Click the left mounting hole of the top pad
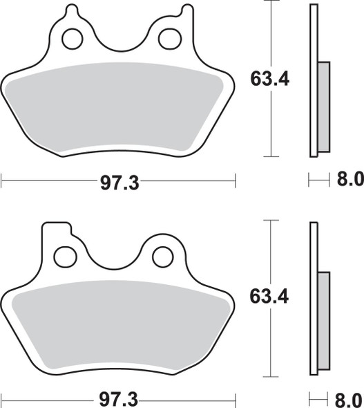pyautogui.click(x=72, y=39)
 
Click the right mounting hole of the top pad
pyautogui.click(x=169, y=39)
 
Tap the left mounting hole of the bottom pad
pyautogui.click(x=65, y=257)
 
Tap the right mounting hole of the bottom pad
pyautogui.click(x=163, y=257)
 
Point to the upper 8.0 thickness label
pyautogui.click(x=349, y=181)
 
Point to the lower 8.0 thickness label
pyautogui.click(x=349, y=400)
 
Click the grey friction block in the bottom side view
pyautogui.click(x=323, y=322)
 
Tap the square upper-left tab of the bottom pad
pyautogui.click(x=55, y=231)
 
